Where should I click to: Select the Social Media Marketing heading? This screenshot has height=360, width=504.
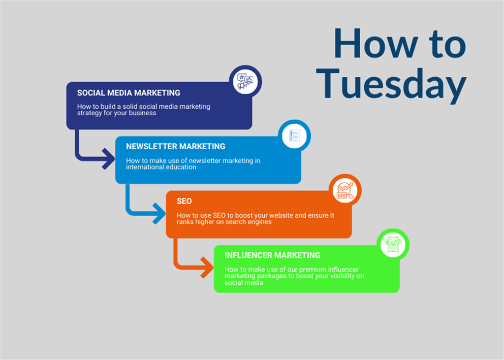128,93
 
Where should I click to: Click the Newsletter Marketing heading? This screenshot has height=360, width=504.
176,147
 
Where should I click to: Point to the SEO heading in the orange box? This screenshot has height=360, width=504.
184,201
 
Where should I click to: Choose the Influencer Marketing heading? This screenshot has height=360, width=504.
272,256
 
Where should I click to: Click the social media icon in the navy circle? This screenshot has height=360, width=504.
245,81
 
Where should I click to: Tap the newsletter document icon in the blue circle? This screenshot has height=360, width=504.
294,136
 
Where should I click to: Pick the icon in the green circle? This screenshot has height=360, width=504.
393,244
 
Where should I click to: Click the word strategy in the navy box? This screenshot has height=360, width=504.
89,113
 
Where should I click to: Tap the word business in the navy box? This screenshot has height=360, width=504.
143,113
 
